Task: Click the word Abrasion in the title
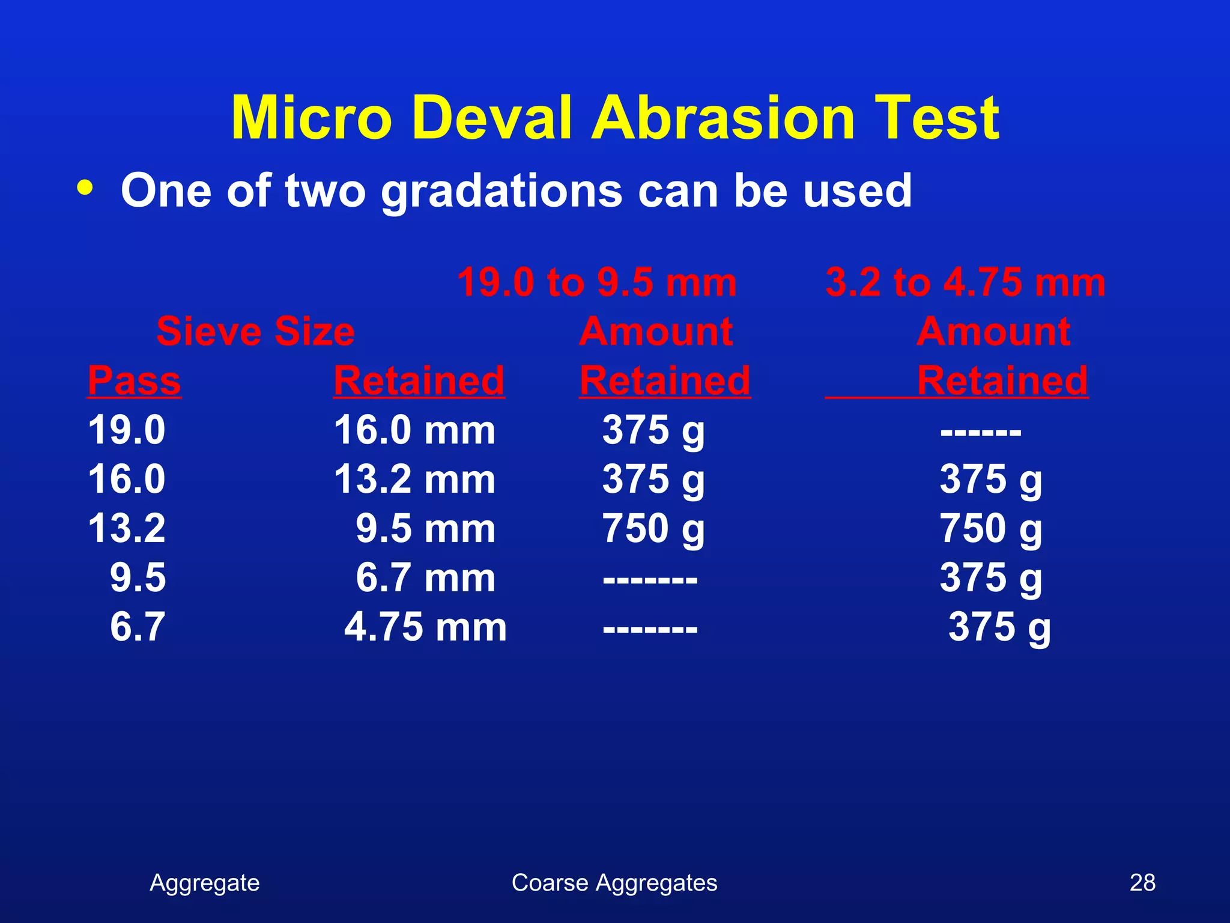(x=723, y=118)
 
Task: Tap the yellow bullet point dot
(x=85, y=188)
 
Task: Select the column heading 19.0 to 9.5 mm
(x=596, y=282)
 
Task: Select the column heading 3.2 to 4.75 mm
(x=965, y=282)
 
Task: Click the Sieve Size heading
(x=255, y=331)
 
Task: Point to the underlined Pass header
(x=134, y=380)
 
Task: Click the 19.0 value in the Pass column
(x=127, y=430)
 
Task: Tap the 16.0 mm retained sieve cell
(x=414, y=430)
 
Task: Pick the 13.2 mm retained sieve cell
(x=414, y=480)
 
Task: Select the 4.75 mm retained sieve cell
(x=425, y=627)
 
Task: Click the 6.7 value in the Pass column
(x=138, y=627)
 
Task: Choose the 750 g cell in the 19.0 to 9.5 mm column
(x=653, y=529)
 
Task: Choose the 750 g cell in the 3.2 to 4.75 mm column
(x=990, y=529)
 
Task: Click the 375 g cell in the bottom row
(x=999, y=627)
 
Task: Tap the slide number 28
(x=1142, y=883)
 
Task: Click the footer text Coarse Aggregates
(x=614, y=883)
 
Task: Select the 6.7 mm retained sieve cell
(x=425, y=578)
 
